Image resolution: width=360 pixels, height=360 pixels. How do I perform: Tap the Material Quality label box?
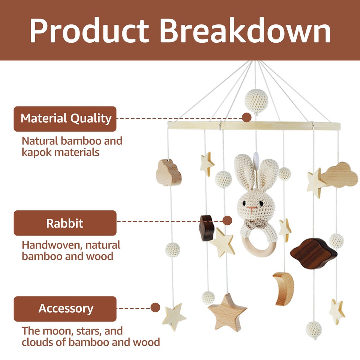(x=65, y=119)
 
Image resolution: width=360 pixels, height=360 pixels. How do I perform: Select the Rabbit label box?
(x=65, y=223)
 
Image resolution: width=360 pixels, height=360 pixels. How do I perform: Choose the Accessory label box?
(x=65, y=309)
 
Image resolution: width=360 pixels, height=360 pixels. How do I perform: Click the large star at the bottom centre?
(x=227, y=312)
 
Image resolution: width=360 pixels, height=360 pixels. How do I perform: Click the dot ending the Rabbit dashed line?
(x=227, y=220)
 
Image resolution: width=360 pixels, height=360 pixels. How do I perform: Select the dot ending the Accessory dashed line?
(x=155, y=308)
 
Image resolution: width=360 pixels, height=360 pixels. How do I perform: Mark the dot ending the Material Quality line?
(x=246, y=118)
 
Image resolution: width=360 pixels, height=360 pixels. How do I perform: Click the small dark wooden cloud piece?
(x=206, y=227)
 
